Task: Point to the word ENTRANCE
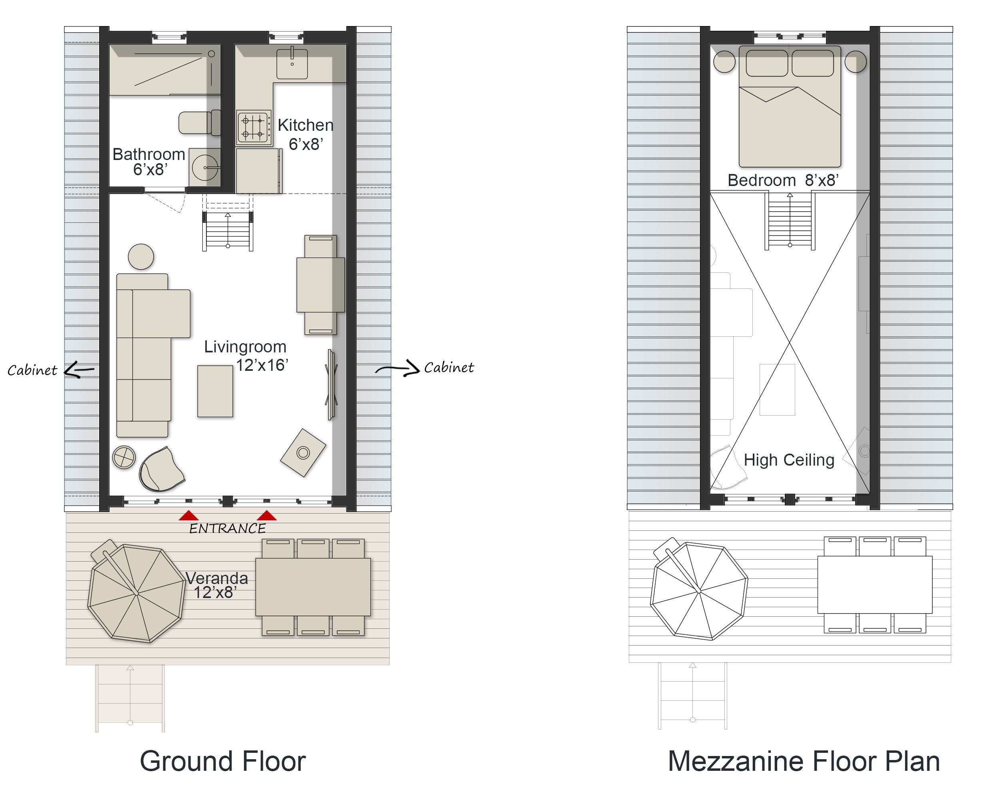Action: (227, 528)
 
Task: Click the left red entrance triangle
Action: (189, 516)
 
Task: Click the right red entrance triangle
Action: (267, 516)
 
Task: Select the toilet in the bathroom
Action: (200, 123)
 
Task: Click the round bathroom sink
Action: (205, 168)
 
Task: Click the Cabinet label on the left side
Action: (32, 370)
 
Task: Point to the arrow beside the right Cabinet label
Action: (398, 369)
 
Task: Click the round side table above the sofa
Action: (141, 257)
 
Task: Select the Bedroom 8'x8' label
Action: (783, 180)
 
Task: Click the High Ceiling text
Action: (789, 460)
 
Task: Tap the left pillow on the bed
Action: (767, 63)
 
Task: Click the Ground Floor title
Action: (223, 761)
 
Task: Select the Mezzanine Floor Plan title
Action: (804, 761)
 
